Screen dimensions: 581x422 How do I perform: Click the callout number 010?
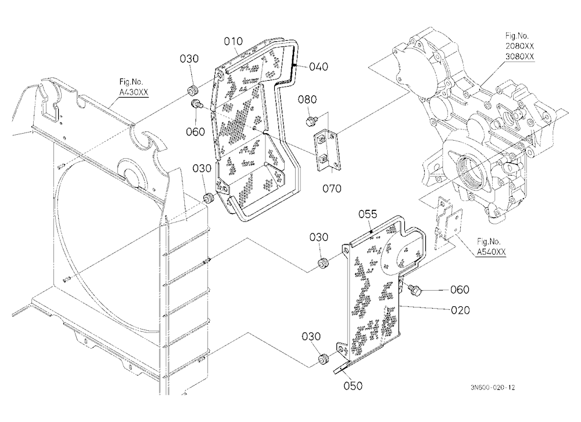click(233, 41)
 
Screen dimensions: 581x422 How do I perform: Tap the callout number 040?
click(318, 67)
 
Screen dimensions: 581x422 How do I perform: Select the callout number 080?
click(307, 99)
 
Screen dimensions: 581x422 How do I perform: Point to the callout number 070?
click(332, 188)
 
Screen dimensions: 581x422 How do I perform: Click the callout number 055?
click(368, 214)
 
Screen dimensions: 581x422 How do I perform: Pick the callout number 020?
click(460, 310)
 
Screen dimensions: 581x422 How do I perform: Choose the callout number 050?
click(353, 386)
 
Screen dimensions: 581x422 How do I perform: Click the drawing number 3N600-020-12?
click(493, 388)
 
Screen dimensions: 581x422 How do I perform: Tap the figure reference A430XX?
click(134, 92)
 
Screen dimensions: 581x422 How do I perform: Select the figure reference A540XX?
click(491, 252)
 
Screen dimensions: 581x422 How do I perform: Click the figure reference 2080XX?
click(520, 47)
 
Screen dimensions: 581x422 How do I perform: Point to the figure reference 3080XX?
click(520, 56)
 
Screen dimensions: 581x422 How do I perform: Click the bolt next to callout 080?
click(310, 120)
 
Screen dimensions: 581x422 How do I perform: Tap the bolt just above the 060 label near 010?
click(196, 104)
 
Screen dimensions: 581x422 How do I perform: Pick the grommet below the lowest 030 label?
click(324, 359)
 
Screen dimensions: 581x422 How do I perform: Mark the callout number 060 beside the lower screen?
click(460, 289)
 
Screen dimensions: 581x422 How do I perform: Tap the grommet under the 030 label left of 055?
click(324, 264)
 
